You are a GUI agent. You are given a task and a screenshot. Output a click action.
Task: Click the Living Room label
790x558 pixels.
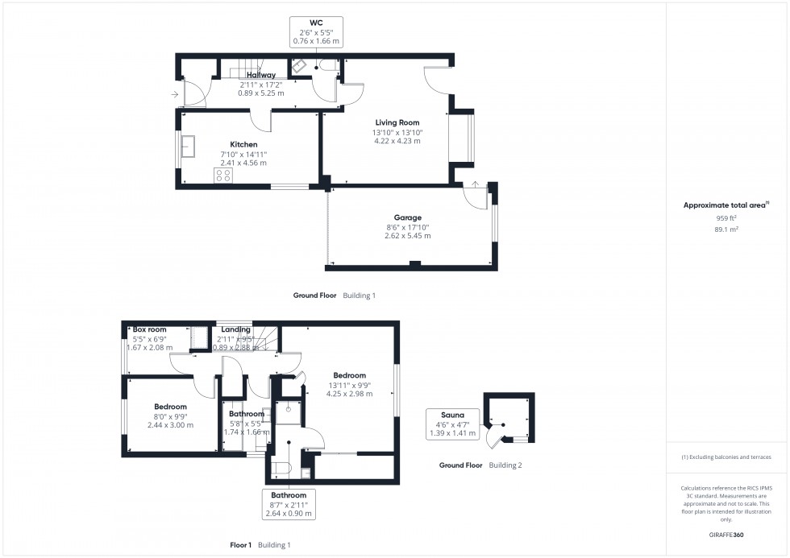(397, 122)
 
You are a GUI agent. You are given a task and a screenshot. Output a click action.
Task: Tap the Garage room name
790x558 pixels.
(407, 217)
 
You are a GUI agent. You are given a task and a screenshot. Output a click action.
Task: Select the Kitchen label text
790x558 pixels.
(221, 145)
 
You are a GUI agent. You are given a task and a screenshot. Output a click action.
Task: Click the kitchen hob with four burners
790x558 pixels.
(222, 175)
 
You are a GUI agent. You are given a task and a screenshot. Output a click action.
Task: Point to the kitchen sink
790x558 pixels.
(189, 147)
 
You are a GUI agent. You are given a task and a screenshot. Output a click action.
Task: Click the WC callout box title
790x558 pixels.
(316, 23)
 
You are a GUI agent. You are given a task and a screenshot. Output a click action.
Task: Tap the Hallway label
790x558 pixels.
(261, 75)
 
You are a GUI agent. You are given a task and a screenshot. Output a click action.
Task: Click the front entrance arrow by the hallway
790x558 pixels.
(175, 95)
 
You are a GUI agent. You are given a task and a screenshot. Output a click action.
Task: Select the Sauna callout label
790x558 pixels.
(451, 415)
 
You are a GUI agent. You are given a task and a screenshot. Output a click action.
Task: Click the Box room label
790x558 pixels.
(149, 329)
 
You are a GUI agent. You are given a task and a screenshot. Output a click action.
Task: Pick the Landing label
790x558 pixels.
(235, 329)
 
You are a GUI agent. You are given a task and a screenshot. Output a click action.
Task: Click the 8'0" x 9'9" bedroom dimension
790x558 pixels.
(170, 416)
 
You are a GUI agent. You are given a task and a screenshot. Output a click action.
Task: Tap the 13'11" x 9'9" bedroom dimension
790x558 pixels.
(349, 385)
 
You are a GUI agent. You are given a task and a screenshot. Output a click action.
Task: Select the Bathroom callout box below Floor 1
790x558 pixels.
(289, 504)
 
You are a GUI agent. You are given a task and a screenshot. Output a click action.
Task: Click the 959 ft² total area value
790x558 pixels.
(727, 217)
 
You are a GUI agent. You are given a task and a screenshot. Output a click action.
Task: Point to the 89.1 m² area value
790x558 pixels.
(727, 229)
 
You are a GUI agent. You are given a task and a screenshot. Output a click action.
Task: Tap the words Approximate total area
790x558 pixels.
(725, 205)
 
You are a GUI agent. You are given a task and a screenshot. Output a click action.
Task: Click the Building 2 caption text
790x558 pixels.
(505, 465)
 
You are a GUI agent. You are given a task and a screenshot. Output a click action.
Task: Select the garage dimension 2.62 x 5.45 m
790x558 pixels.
(407, 236)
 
